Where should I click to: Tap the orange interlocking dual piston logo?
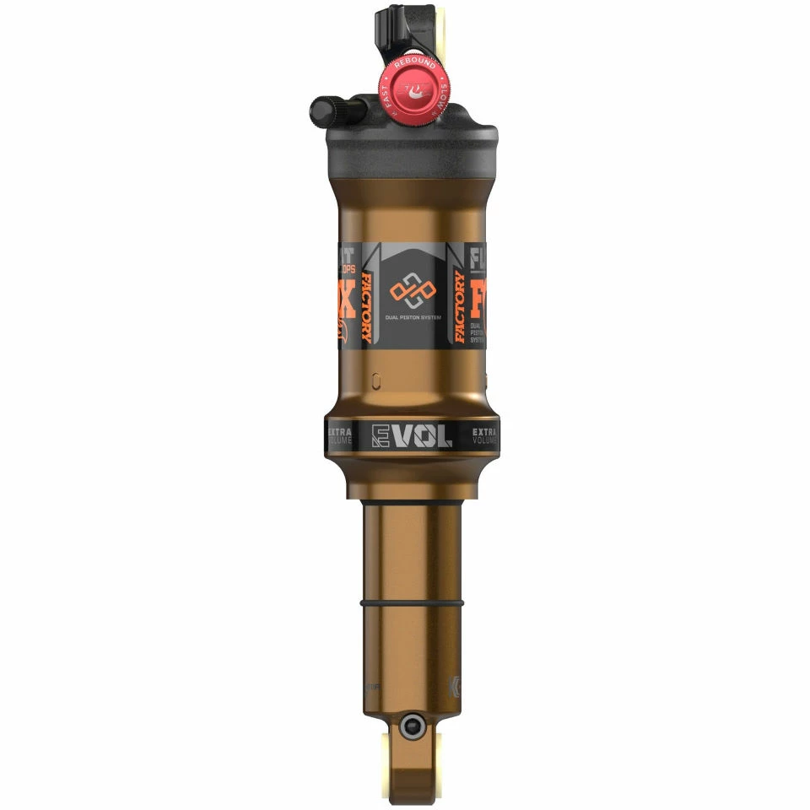pyautogui.click(x=411, y=293)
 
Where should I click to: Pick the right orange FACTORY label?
pyautogui.click(x=459, y=307)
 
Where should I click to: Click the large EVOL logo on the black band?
pyautogui.click(x=413, y=435)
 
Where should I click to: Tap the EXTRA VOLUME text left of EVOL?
pyautogui.click(x=339, y=435)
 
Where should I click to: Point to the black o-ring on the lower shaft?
pyautogui.click(x=413, y=606)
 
